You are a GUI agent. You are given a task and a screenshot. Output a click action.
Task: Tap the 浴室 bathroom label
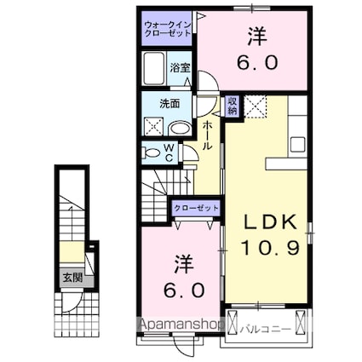(x=179, y=67)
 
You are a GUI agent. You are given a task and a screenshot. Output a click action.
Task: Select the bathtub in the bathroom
(x=154, y=67)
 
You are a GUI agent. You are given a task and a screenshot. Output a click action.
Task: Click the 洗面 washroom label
(x=170, y=104)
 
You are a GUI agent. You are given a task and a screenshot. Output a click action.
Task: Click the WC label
(x=169, y=152)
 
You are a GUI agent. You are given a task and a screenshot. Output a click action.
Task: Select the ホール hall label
(x=206, y=135)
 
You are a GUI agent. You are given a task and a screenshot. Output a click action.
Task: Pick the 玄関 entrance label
(x=72, y=277)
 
